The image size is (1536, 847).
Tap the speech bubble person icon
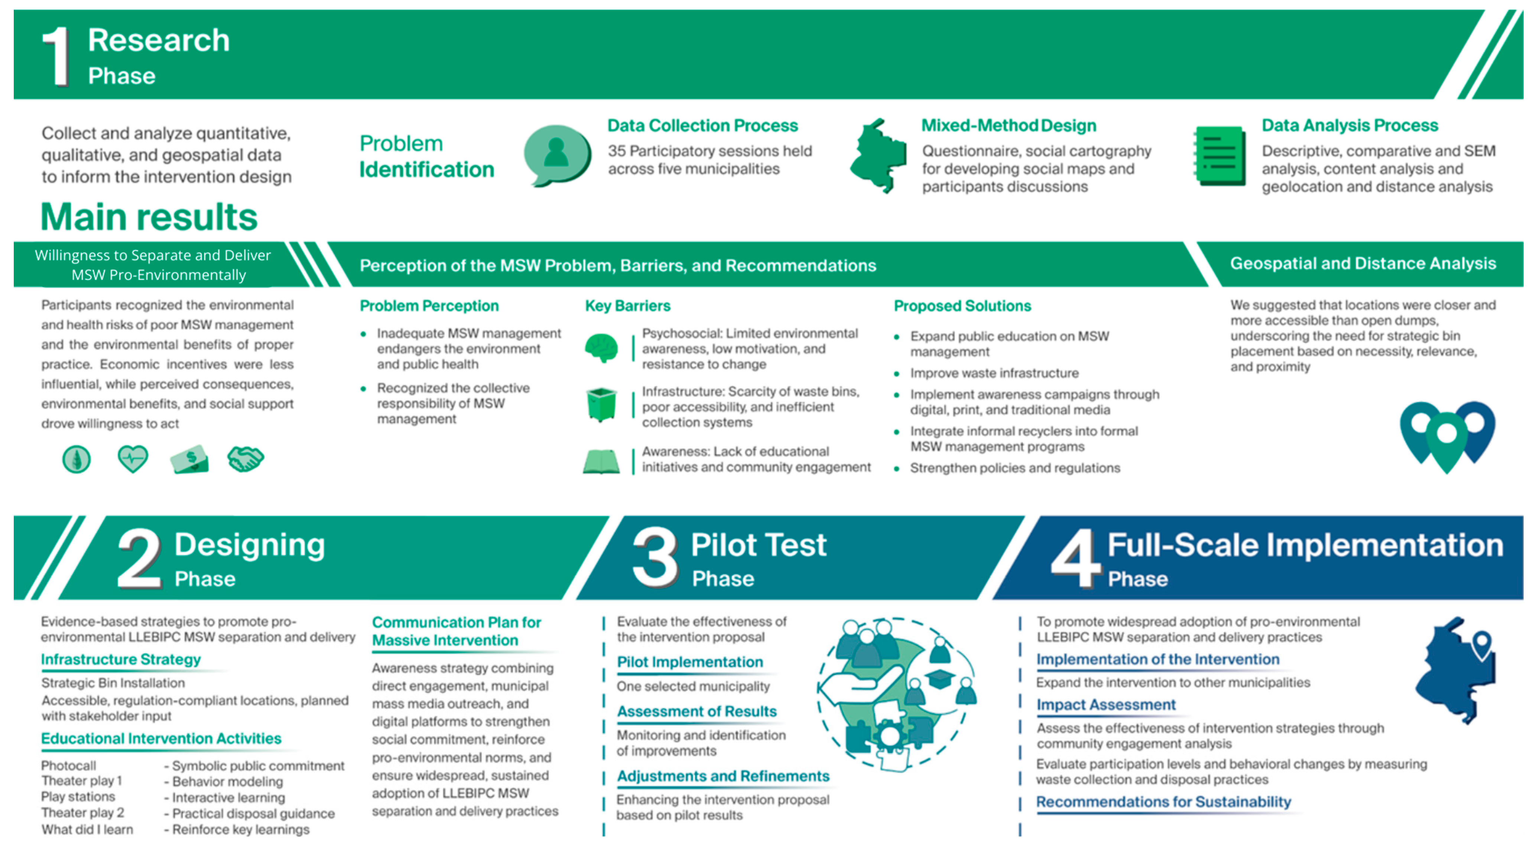pyautogui.click(x=557, y=154)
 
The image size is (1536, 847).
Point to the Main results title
pyautogui.click(x=149, y=217)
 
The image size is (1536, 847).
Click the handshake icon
pyautogui.click(x=245, y=459)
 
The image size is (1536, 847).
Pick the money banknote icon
pyautogui.click(x=189, y=459)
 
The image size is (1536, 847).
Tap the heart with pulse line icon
pyautogui.click(x=132, y=459)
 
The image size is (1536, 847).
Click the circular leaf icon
pyautogui.click(x=76, y=459)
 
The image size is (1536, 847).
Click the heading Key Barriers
pyautogui.click(x=627, y=306)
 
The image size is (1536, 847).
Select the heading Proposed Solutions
pyautogui.click(x=962, y=306)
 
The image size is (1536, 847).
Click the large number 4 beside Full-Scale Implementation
pyautogui.click(x=1075, y=558)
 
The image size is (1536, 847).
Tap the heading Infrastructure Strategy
pyautogui.click(x=120, y=659)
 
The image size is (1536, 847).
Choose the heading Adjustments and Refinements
pyautogui.click(x=723, y=776)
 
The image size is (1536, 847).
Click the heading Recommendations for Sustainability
pyautogui.click(x=1163, y=802)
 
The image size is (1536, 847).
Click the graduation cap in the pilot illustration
pyautogui.click(x=939, y=679)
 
